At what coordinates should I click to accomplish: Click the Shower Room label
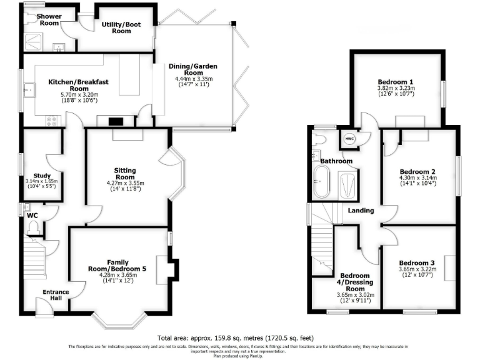(x=48, y=19)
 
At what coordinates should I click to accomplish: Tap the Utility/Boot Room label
(x=116, y=27)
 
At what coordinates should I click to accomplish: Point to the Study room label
(x=42, y=176)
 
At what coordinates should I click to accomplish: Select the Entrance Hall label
(x=56, y=295)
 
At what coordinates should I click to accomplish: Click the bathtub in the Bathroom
(x=324, y=182)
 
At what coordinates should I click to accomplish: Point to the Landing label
(x=361, y=211)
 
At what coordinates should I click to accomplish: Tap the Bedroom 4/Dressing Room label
(x=355, y=282)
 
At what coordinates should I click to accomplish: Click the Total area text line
(x=239, y=336)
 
